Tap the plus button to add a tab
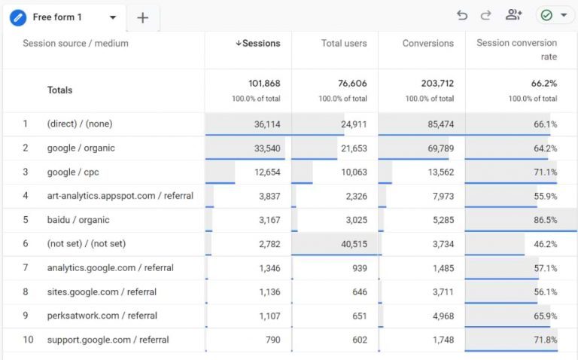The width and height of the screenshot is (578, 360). (x=143, y=18)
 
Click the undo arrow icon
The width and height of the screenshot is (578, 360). (x=462, y=16)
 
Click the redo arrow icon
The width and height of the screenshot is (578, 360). (x=485, y=16)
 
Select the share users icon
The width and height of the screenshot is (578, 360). (x=514, y=15)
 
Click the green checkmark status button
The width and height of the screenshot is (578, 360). (x=554, y=16)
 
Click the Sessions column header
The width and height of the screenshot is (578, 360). (x=257, y=44)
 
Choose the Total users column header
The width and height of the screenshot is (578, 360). (x=344, y=44)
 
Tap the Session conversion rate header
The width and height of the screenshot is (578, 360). (x=516, y=50)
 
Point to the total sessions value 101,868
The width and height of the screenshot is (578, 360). (x=264, y=84)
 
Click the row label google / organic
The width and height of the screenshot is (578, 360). (x=81, y=148)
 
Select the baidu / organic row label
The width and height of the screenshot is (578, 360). (x=78, y=221)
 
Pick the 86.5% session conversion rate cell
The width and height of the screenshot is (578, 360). (x=544, y=221)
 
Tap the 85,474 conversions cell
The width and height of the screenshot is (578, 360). (x=437, y=124)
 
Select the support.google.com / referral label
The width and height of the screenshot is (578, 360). (x=108, y=340)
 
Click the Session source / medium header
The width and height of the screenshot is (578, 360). (x=75, y=44)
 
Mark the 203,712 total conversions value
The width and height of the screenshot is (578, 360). (x=437, y=84)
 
